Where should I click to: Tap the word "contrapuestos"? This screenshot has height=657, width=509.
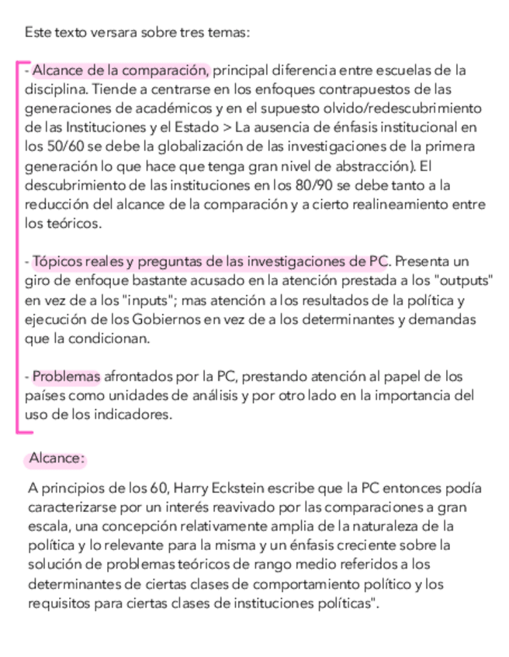[x=376, y=89]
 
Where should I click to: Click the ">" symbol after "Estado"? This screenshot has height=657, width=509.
[x=226, y=127]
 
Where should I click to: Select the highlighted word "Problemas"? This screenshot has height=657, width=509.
[x=66, y=377]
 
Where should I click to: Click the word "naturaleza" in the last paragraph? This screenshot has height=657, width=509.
[x=406, y=526]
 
